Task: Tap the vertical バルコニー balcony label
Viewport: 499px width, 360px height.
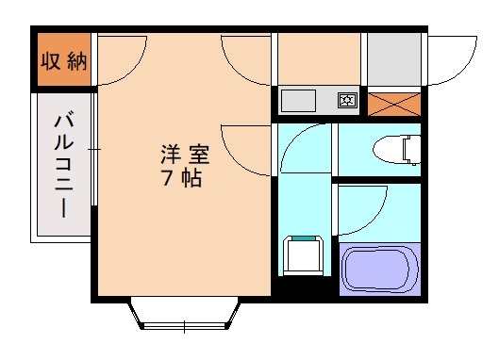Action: [64, 166]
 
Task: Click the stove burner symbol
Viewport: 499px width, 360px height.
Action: [346, 100]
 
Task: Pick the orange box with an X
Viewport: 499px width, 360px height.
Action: [393, 104]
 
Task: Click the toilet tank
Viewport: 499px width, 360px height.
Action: [411, 149]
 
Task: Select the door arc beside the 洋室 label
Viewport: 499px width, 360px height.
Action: [247, 151]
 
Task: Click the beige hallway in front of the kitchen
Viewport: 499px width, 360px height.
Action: [318, 58]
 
